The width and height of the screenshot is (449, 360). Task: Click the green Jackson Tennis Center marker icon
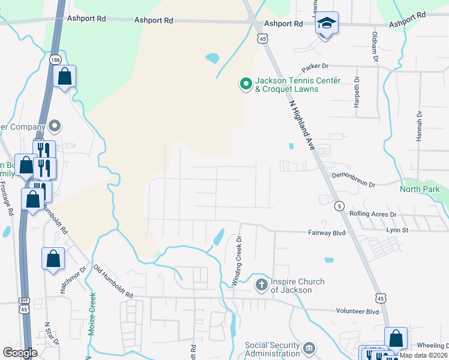point(246,85)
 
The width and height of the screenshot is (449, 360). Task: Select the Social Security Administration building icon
point(309,348)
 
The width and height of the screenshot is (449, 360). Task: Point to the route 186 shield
point(56,60)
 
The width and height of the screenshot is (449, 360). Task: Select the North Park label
point(420,190)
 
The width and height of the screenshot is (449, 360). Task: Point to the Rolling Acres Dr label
point(373,214)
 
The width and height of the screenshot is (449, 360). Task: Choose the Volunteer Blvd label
point(357,311)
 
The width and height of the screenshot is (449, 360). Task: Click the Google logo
point(20,353)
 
